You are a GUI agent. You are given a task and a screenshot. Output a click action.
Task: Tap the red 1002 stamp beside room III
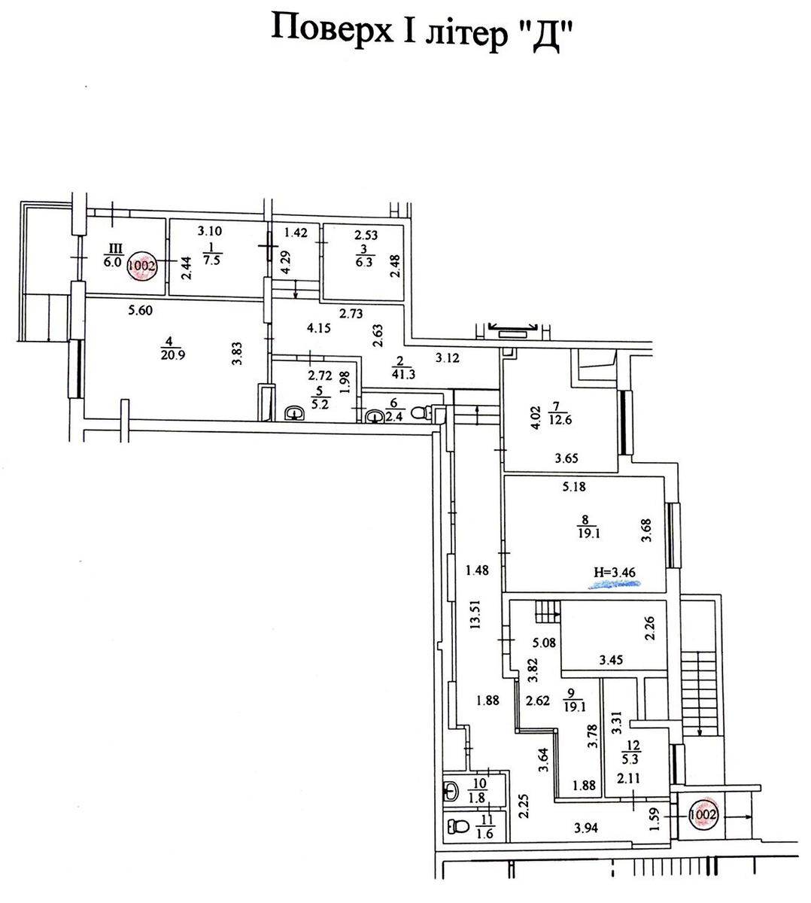tap(141, 266)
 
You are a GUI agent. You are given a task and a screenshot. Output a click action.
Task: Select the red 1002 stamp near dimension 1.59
tap(703, 815)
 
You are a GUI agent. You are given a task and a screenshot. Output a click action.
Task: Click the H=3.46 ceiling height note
tap(615, 573)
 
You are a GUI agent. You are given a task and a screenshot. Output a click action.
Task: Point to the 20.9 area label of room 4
tap(172, 355)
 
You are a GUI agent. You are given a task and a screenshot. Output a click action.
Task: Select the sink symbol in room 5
tap(294, 413)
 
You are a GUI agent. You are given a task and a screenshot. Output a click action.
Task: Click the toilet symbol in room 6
tap(421, 412)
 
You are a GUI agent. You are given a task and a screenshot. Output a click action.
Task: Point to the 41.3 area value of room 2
tap(404, 375)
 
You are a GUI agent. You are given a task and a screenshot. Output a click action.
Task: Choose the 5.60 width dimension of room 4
tap(141, 310)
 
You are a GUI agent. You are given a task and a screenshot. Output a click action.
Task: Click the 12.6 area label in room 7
tap(560, 420)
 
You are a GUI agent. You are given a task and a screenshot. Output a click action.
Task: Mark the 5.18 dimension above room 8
tap(574, 486)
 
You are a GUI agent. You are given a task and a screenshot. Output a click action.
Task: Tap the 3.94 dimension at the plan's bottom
tap(586, 828)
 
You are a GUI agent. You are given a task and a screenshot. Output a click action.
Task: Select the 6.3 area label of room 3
tap(364, 262)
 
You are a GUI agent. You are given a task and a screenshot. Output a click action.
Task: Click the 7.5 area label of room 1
tap(211, 260)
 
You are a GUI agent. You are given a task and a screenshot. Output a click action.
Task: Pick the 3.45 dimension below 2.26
tap(611, 660)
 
